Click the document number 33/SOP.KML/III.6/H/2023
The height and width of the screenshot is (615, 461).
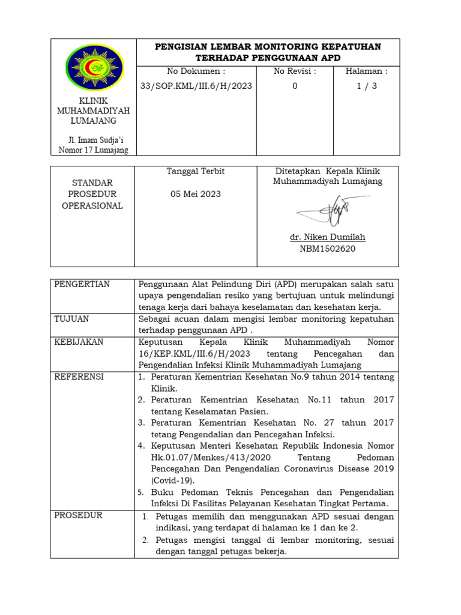[196, 86]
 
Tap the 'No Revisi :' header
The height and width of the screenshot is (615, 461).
[295, 71]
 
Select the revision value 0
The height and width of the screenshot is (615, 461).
[295, 86]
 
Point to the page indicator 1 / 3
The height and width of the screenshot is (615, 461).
[366, 86]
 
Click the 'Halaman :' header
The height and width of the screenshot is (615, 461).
[366, 71]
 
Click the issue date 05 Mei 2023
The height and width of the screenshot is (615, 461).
[196, 194]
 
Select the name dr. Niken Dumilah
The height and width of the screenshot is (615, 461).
[327, 237]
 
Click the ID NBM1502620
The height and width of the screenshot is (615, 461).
[327, 249]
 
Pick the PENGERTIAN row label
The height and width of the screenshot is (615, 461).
[82, 284]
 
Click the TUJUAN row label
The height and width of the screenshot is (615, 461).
[71, 319]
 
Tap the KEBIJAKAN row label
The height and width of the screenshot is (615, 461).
[79, 342]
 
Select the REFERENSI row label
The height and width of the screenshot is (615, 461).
[79, 377]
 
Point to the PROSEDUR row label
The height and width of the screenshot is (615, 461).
[79, 515]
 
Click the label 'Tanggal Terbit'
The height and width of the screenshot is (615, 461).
[196, 171]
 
